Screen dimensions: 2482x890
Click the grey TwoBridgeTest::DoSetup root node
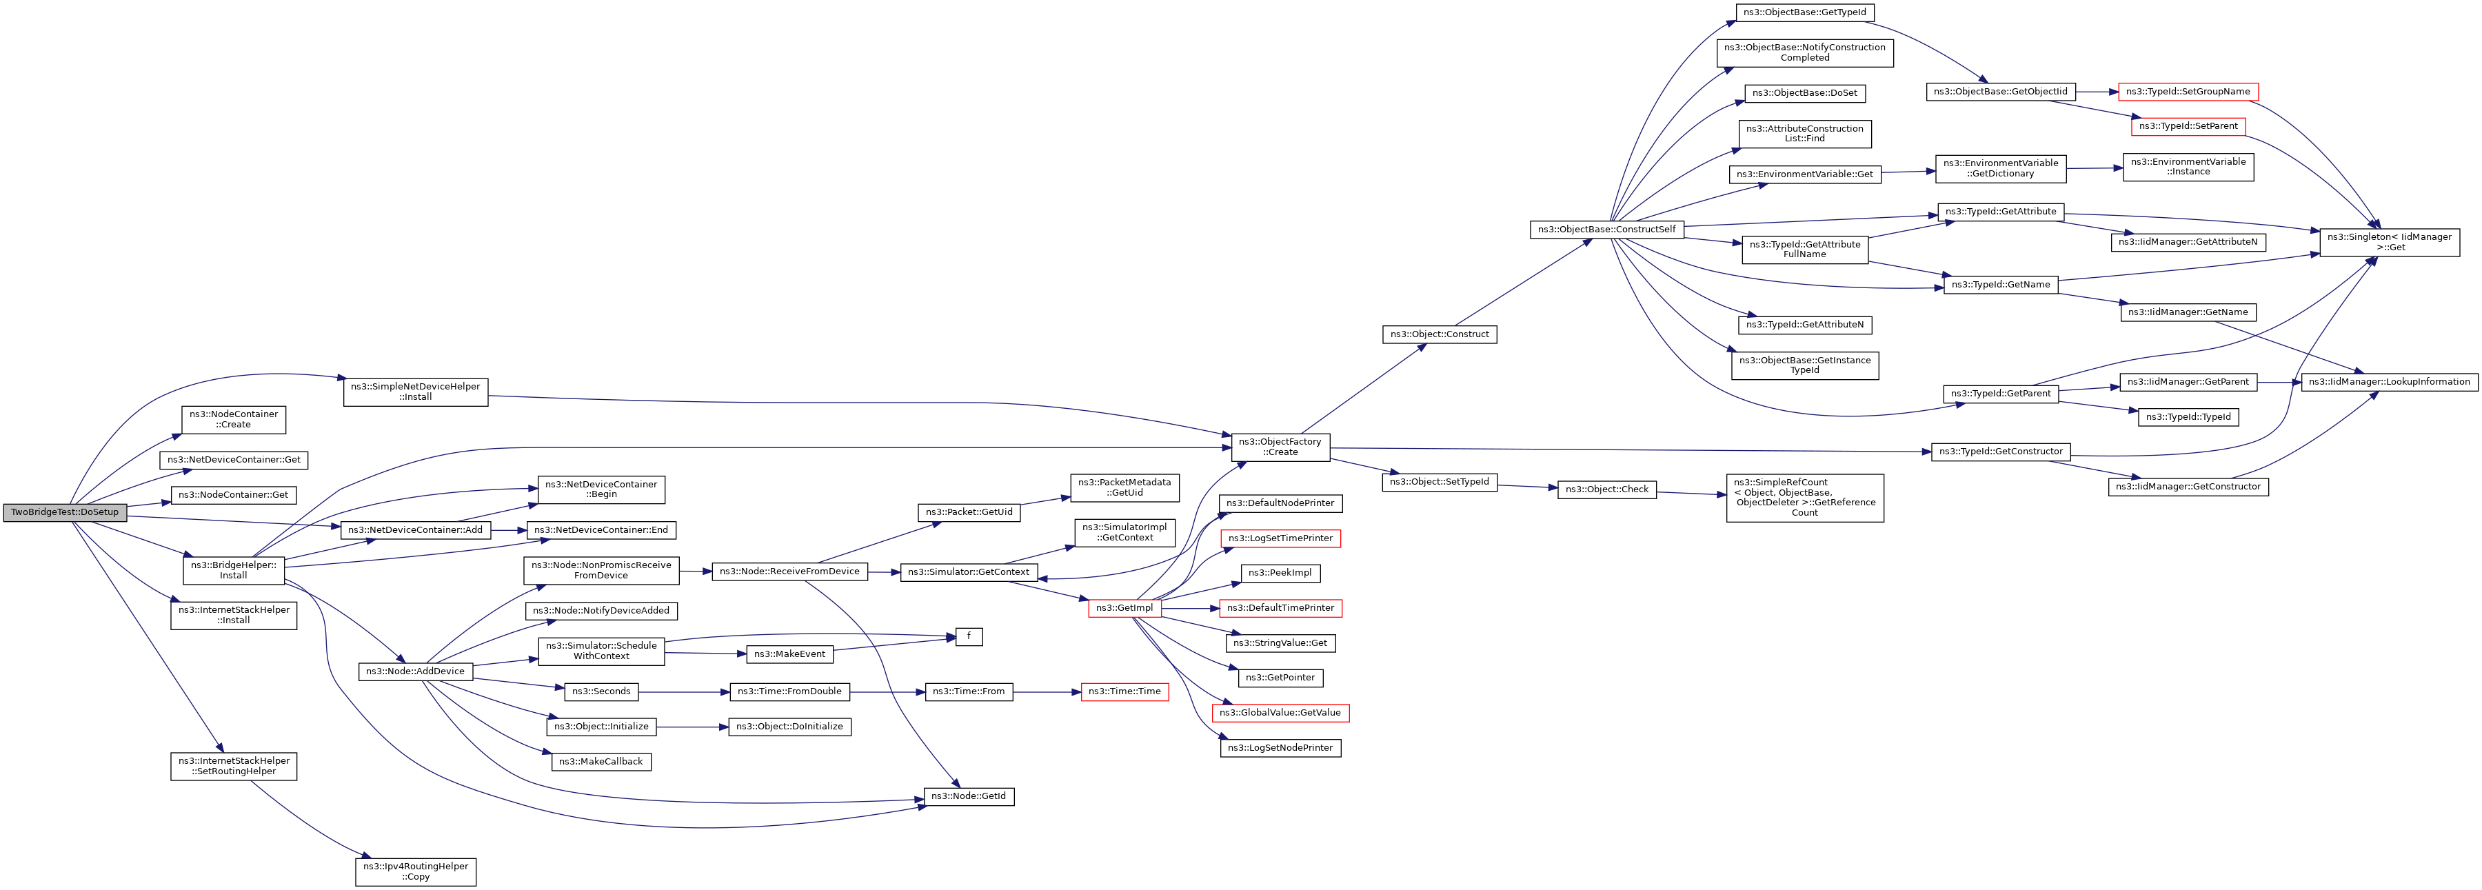point(65,512)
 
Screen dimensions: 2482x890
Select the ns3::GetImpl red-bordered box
point(1124,609)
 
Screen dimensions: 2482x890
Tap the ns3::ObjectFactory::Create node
point(1280,447)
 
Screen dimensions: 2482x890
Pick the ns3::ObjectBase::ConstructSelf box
point(1607,230)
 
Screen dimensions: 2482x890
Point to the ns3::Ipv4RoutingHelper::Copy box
point(415,871)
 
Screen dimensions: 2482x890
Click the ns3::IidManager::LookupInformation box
point(2390,383)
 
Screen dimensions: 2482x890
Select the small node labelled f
point(969,637)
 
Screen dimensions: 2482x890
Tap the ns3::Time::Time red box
point(1124,691)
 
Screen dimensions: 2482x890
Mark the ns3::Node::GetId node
point(969,796)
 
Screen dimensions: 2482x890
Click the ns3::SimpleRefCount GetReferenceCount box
point(1805,498)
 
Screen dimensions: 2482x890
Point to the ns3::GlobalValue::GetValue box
point(1280,713)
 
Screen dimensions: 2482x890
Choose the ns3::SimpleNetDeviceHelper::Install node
point(415,392)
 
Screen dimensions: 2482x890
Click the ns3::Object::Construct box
point(1440,334)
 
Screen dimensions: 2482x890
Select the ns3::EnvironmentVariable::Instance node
point(2188,167)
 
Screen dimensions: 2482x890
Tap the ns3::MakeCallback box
point(601,762)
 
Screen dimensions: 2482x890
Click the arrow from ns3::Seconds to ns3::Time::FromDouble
point(684,691)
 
